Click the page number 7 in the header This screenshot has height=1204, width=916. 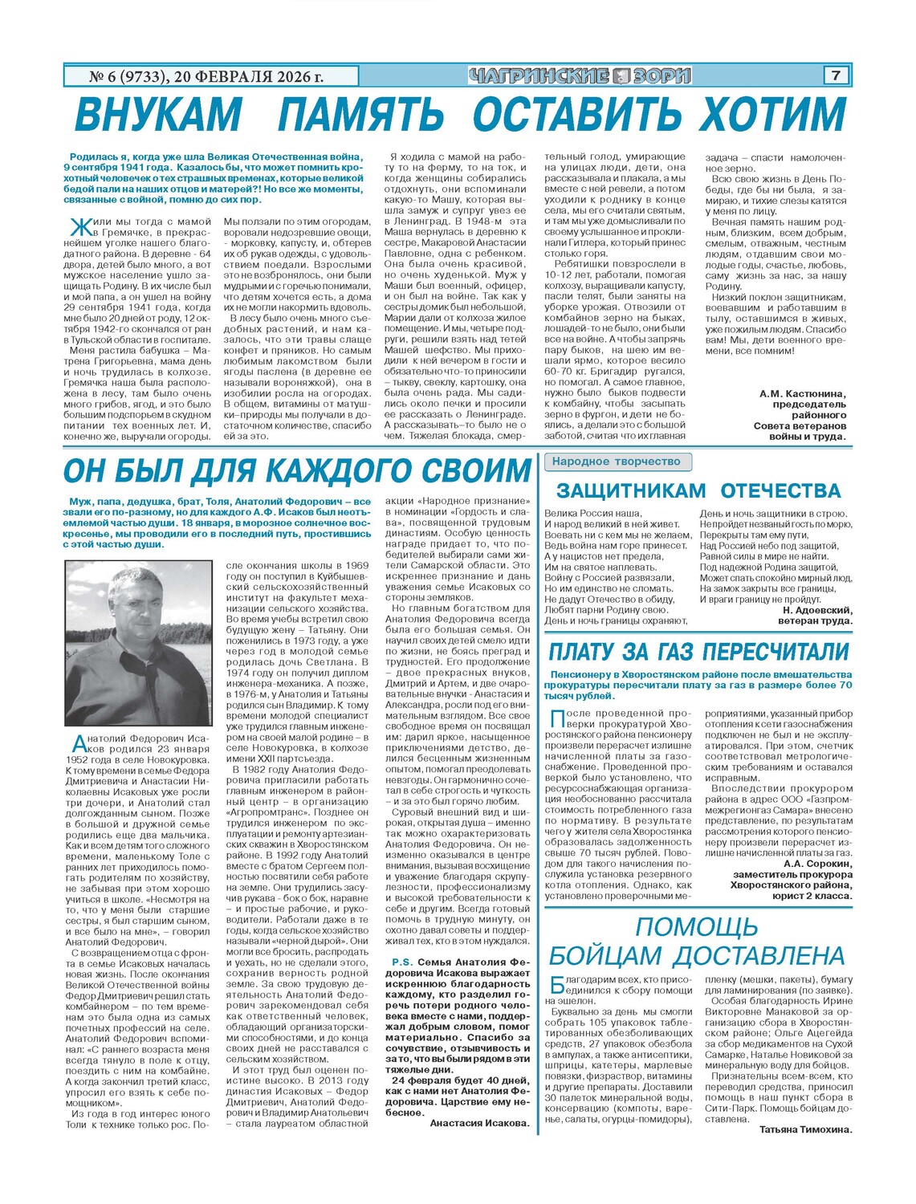(836, 75)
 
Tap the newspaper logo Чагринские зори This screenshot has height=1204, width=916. (579, 76)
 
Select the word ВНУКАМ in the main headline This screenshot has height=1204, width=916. (157, 114)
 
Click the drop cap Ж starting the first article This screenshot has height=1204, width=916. (79, 226)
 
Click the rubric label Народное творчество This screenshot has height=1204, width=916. (616, 462)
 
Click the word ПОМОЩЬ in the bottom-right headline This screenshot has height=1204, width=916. (696, 927)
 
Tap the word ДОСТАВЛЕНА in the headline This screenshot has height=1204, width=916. (758, 956)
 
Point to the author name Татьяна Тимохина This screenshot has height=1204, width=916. (805, 1129)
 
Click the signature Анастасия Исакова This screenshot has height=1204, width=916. (479, 1123)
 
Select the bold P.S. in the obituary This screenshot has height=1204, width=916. (401, 962)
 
